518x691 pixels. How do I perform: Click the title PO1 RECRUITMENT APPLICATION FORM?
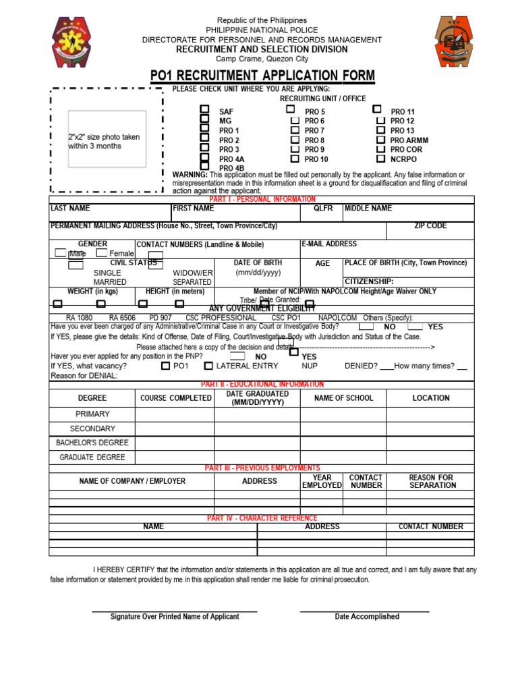pyautogui.click(x=262, y=76)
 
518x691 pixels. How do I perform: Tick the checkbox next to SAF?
pyautogui.click(x=204, y=109)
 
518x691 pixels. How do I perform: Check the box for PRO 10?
pyautogui.click(x=295, y=159)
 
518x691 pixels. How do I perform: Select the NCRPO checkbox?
pyautogui.click(x=381, y=159)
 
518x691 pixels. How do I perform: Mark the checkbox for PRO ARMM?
pyautogui.click(x=381, y=140)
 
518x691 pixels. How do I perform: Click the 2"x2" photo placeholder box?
pyautogui.click(x=106, y=140)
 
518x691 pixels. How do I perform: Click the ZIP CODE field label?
pyautogui.click(x=430, y=226)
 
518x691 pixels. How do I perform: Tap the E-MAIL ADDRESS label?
pyautogui.click(x=329, y=244)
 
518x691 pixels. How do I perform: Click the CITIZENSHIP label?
pyautogui.click(x=369, y=281)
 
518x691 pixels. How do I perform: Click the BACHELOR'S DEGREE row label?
pyautogui.click(x=92, y=443)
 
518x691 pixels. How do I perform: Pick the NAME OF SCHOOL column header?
pyautogui.click(x=343, y=398)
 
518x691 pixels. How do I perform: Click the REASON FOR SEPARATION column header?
pyautogui.click(x=432, y=481)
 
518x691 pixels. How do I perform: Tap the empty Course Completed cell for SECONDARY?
pyautogui.click(x=175, y=429)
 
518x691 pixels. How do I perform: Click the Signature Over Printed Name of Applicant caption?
pyautogui.click(x=175, y=617)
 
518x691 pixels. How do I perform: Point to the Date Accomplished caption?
pyautogui.click(x=367, y=617)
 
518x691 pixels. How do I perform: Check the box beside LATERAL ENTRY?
pyautogui.click(x=208, y=366)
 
